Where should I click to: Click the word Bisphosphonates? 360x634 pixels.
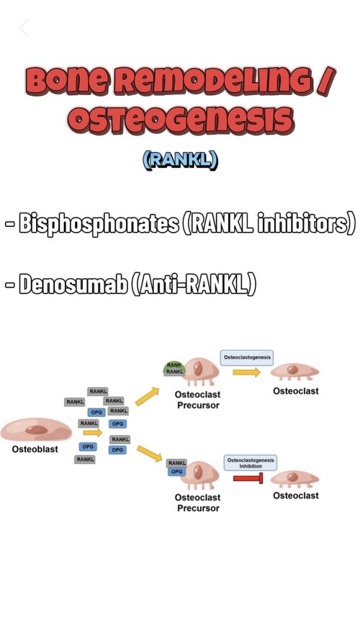(99, 223)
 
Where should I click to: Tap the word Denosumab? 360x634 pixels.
(74, 284)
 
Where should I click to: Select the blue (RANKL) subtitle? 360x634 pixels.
(180, 161)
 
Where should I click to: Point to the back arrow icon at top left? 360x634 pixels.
(23, 27)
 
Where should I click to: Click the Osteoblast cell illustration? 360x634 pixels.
(37, 429)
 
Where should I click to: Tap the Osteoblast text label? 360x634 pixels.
(35, 450)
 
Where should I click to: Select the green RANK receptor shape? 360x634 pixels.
(174, 365)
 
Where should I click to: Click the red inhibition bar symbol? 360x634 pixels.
(248, 478)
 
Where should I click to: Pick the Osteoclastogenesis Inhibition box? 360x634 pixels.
(251, 463)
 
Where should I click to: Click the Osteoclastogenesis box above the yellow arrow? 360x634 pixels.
(246, 357)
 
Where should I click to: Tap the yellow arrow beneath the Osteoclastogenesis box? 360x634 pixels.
(246, 372)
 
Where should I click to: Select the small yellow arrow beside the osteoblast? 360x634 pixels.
(93, 433)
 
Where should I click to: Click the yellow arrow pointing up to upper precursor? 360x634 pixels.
(147, 396)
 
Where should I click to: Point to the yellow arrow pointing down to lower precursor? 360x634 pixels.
(150, 454)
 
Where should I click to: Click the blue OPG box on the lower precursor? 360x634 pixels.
(176, 471)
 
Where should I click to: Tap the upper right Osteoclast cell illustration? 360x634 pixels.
(294, 371)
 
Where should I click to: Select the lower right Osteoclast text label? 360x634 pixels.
(296, 496)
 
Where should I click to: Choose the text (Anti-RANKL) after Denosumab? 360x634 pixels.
(194, 284)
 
